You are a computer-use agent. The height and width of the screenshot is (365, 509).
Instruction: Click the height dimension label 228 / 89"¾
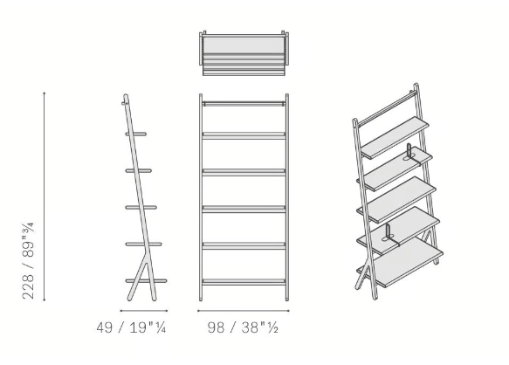[28, 261]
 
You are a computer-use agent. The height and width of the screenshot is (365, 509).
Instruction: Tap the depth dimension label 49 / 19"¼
[132, 327]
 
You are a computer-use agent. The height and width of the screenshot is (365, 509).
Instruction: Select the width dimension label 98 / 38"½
[243, 327]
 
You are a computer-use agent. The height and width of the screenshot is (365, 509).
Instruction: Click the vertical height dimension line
[45, 196]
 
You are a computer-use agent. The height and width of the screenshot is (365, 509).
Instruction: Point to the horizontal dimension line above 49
[144, 311]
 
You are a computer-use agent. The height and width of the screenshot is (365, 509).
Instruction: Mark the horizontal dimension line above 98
[243, 311]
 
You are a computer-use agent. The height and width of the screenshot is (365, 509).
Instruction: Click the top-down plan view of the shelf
[244, 53]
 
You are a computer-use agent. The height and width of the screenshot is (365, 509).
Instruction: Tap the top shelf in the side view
[136, 134]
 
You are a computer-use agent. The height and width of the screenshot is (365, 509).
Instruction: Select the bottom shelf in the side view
[146, 281]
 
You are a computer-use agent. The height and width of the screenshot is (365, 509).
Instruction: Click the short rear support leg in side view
[137, 281]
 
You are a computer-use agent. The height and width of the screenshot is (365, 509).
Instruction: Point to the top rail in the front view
[244, 104]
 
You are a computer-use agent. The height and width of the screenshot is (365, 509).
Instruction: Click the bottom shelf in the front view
[244, 282]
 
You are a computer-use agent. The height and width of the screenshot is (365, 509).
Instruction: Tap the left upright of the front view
[201, 197]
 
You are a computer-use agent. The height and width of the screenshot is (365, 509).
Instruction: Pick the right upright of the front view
[287, 197]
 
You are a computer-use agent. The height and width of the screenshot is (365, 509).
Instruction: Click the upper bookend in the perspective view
[409, 152]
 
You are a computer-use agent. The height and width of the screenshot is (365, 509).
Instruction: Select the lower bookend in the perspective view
[389, 232]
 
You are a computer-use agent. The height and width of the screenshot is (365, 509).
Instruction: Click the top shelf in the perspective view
[395, 137]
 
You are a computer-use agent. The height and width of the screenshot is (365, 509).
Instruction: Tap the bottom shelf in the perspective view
[400, 262]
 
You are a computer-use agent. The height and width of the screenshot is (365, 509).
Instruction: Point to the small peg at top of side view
[124, 104]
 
